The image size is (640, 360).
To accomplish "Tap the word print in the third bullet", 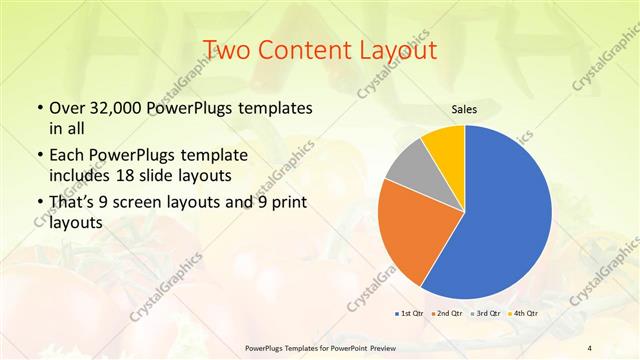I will pyautogui.click(x=287, y=203).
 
